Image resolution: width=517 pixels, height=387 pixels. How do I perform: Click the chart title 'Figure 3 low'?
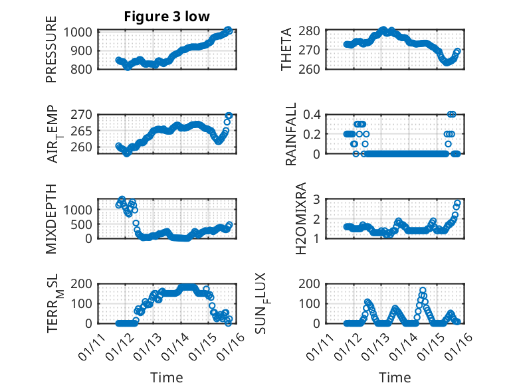pos(167,17)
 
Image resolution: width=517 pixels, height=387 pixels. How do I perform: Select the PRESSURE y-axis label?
pos(52,56)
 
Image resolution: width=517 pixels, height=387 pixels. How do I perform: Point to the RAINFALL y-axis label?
pos(291,135)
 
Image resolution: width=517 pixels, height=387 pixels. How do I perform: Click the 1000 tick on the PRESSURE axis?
pos(80,31)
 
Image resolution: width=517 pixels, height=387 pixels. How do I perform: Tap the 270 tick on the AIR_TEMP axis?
pos(85,115)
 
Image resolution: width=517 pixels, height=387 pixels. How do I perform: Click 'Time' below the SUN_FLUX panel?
pos(395,378)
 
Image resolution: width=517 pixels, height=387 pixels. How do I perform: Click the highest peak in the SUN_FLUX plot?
pos(423,290)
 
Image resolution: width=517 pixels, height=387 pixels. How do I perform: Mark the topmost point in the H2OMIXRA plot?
pos(458,202)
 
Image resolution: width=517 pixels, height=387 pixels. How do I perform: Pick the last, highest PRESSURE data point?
pos(228,30)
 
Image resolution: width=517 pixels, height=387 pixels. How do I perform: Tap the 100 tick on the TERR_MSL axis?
pos(85,303)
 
